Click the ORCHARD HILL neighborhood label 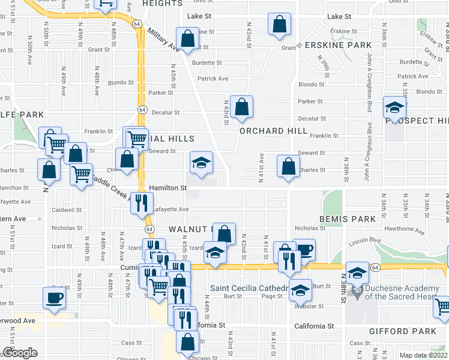click(x=273, y=131)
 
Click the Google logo click(x=20, y=353)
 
